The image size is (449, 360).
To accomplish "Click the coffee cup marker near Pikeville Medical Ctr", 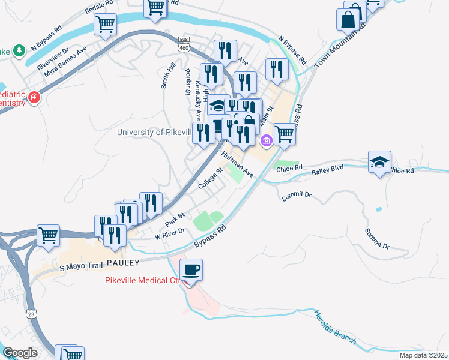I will click(191, 270).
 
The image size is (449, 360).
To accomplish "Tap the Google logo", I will click(20, 353).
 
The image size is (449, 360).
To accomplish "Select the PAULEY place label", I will click(123, 263).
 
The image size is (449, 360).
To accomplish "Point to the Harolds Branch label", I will click(335, 328).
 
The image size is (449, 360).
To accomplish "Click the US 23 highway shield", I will click(30, 313).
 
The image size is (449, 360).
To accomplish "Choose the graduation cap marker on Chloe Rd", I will click(379, 161).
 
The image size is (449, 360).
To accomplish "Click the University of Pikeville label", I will click(154, 132).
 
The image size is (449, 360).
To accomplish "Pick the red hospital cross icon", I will click(35, 97).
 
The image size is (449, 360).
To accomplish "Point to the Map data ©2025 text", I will click(423, 355).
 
